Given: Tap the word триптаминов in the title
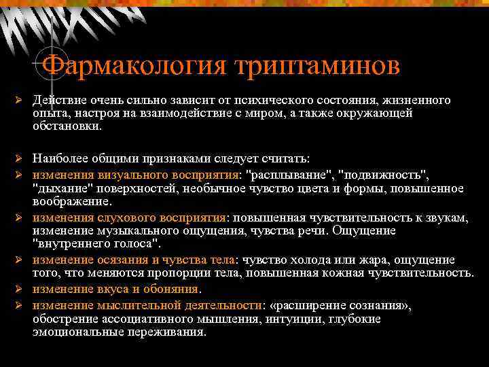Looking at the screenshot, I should click(316, 66).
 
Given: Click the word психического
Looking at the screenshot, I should click(270, 101).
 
